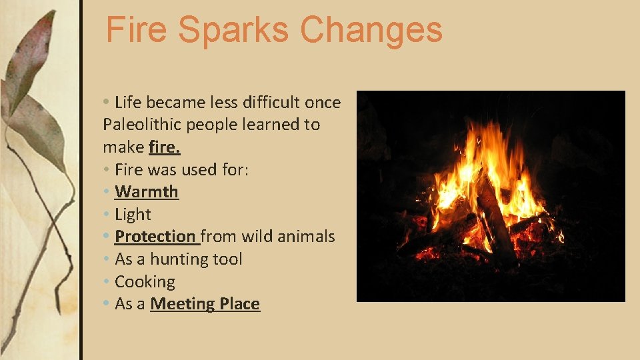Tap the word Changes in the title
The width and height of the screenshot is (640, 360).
371,30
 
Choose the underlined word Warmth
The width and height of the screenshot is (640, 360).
147,192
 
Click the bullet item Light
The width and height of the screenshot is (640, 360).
133,215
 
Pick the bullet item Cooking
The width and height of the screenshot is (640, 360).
145,282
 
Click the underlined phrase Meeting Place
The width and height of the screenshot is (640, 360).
205,304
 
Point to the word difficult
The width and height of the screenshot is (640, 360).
264,102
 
